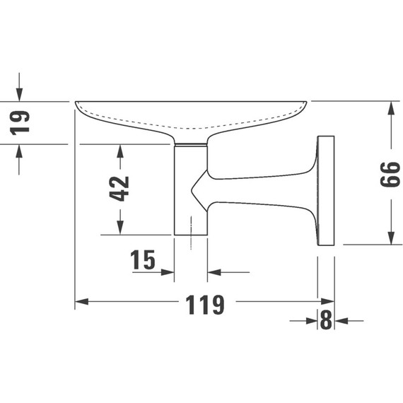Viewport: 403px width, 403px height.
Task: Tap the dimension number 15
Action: click(143, 261)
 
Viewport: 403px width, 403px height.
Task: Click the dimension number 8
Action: click(325, 321)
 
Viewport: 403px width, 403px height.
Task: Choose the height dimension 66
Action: click(390, 173)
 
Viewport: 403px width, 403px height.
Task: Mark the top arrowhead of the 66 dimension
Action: click(390, 108)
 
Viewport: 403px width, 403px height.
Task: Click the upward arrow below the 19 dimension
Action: click(19, 151)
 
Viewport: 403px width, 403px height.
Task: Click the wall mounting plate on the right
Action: click(326, 190)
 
